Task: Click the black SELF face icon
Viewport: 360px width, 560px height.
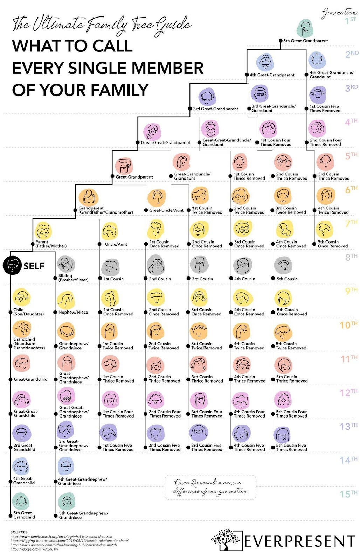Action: (x=12, y=266)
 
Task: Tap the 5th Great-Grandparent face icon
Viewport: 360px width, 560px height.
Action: (x=305, y=28)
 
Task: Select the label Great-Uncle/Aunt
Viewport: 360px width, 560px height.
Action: (x=166, y=210)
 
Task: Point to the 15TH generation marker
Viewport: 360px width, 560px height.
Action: (x=349, y=494)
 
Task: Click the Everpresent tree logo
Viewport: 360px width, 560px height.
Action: (x=226, y=540)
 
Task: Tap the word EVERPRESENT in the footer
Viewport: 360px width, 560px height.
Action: (x=299, y=541)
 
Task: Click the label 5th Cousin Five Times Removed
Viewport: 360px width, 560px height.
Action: (x=291, y=448)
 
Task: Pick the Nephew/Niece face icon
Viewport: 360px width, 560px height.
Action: (x=66, y=300)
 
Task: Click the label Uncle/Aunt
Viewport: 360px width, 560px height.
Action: (x=116, y=244)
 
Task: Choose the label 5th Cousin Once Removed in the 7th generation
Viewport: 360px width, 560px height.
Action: (x=333, y=244)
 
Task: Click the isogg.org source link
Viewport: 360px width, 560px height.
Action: (x=34, y=549)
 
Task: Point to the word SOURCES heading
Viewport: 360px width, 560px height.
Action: (x=20, y=532)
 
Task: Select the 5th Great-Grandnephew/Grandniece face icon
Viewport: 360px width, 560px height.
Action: (x=67, y=501)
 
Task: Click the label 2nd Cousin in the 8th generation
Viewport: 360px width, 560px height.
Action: (x=160, y=279)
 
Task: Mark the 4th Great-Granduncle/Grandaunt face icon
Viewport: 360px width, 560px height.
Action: (x=317, y=61)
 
